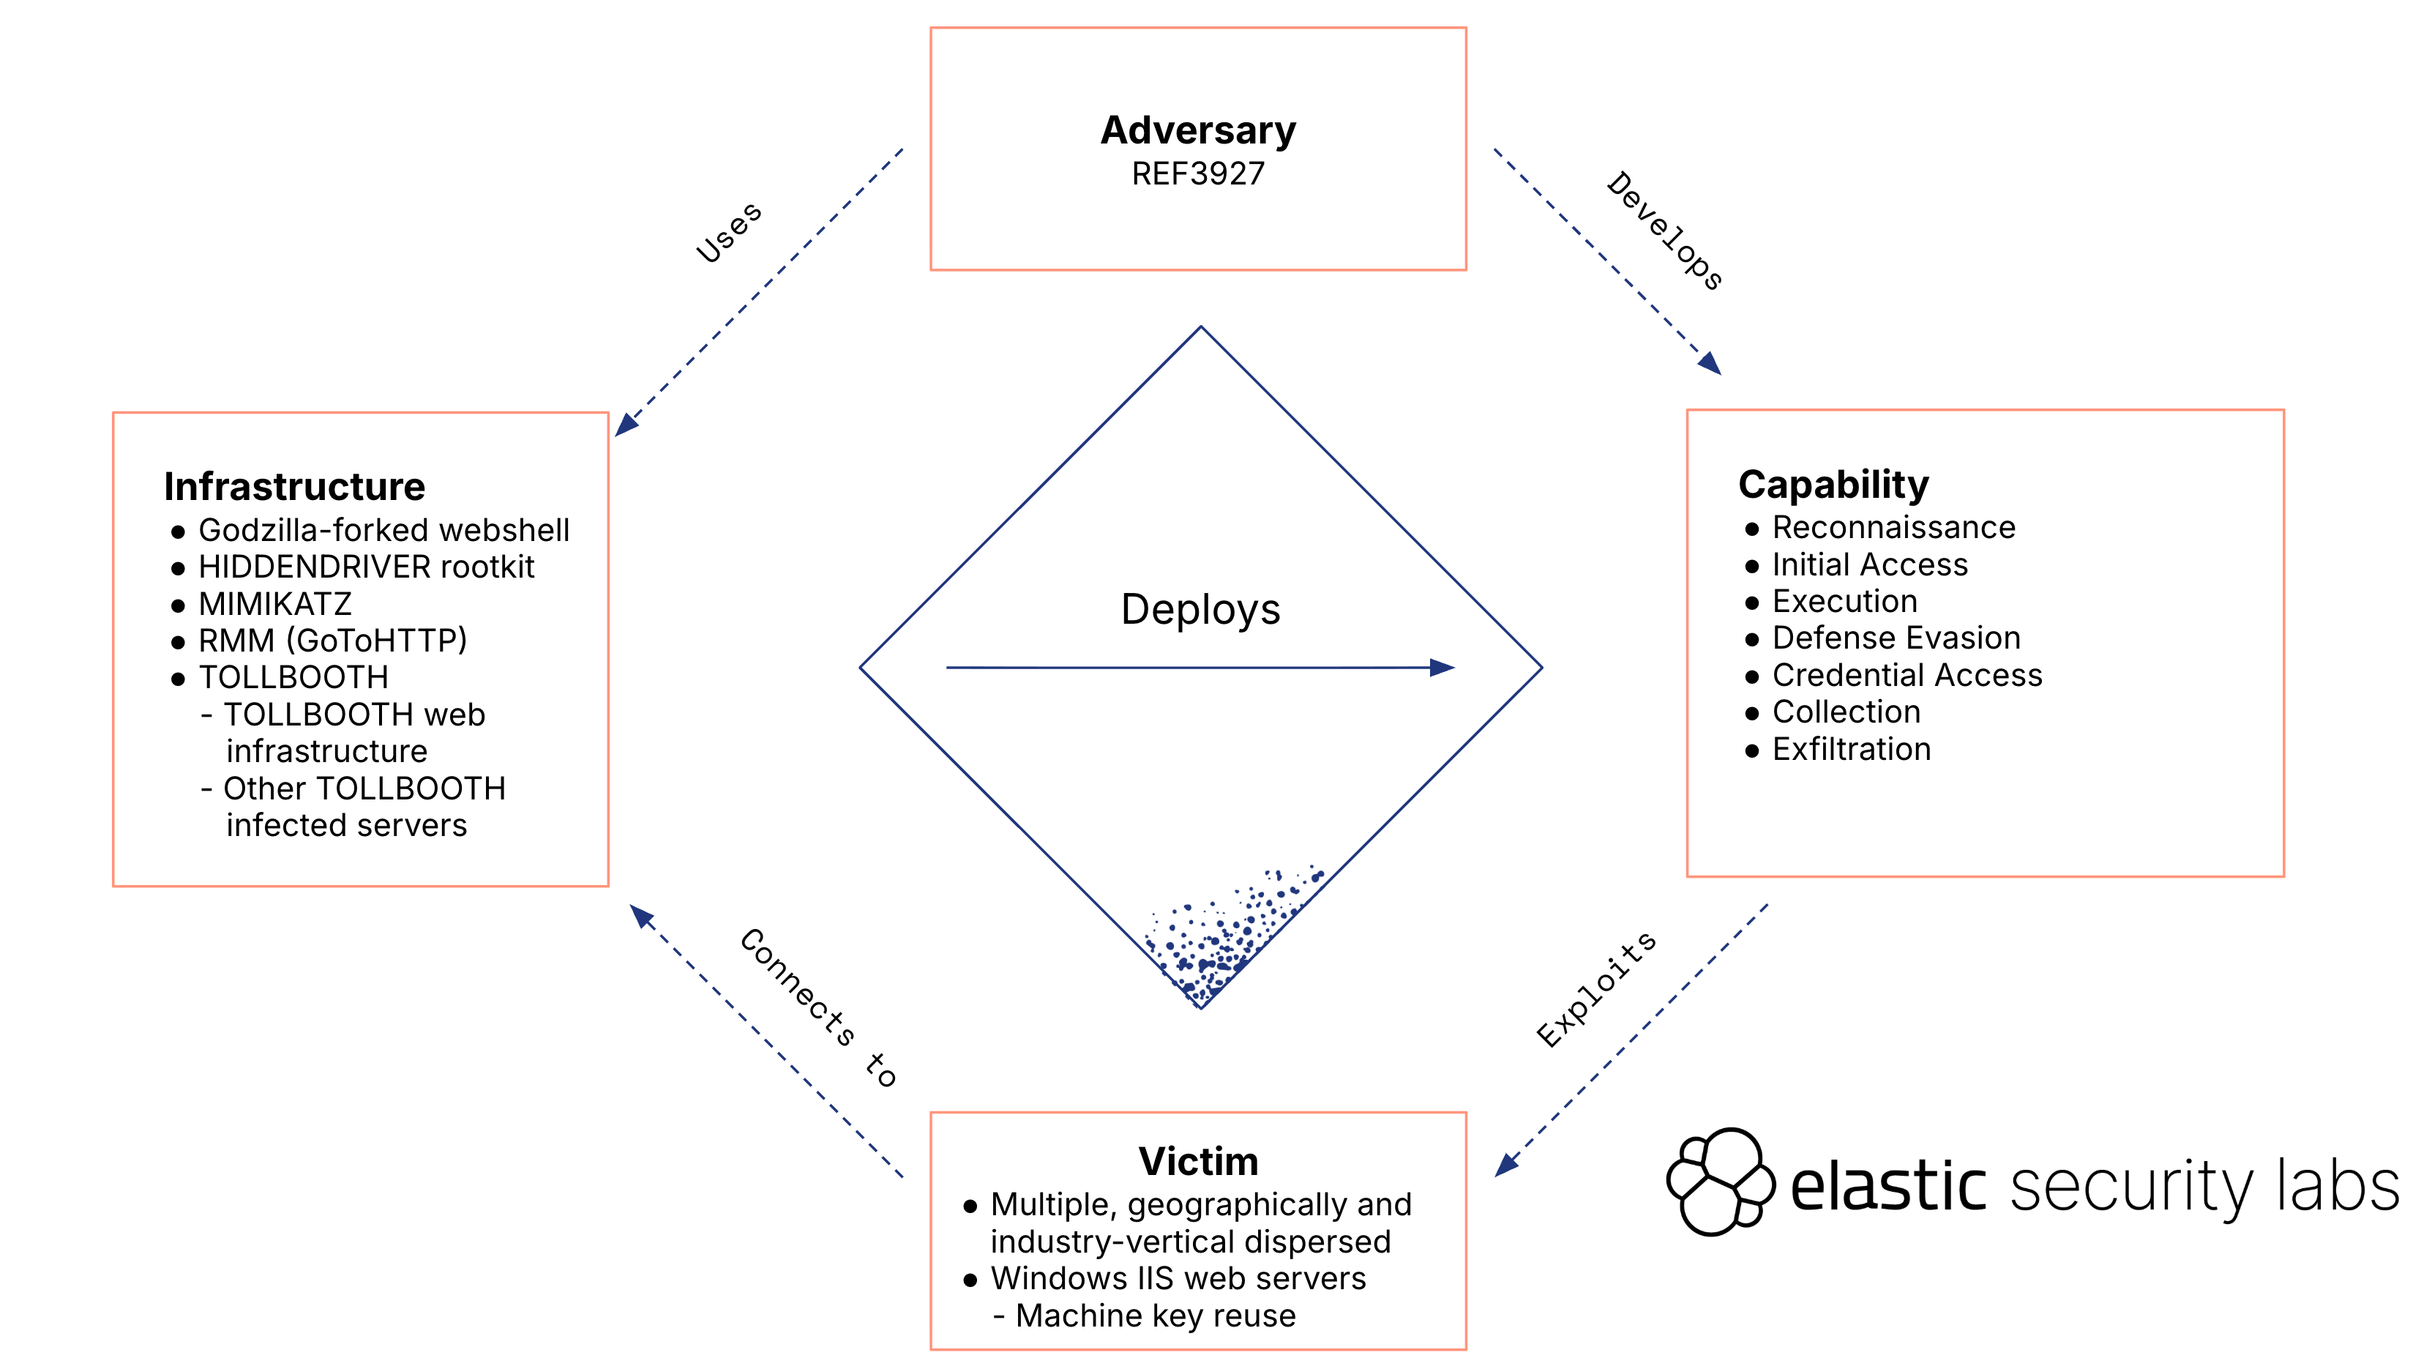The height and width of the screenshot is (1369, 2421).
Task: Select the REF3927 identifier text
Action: click(1197, 174)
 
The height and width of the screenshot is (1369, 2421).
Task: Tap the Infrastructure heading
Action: click(294, 486)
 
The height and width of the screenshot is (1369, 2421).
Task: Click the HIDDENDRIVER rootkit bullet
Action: click(366, 567)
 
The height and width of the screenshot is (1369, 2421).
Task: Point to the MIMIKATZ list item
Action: click(274, 604)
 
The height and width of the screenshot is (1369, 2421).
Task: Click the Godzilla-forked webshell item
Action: click(383, 530)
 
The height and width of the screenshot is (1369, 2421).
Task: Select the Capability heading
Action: click(1833, 484)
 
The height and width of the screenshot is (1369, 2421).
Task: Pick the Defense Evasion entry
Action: click(1896, 638)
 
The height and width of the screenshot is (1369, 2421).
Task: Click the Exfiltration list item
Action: click(1851, 750)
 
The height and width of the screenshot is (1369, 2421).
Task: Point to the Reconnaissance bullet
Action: click(1893, 528)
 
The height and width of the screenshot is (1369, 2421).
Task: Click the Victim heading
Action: click(1197, 1161)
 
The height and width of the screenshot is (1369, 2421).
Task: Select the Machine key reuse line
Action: click(1155, 1316)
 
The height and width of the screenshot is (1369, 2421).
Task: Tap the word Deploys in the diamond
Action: click(1200, 609)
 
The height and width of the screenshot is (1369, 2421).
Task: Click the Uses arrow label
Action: click(728, 232)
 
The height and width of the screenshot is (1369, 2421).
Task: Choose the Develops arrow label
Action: click(1664, 231)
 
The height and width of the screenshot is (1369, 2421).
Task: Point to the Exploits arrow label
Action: click(1596, 989)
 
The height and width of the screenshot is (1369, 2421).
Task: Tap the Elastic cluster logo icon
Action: click(1719, 1181)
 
